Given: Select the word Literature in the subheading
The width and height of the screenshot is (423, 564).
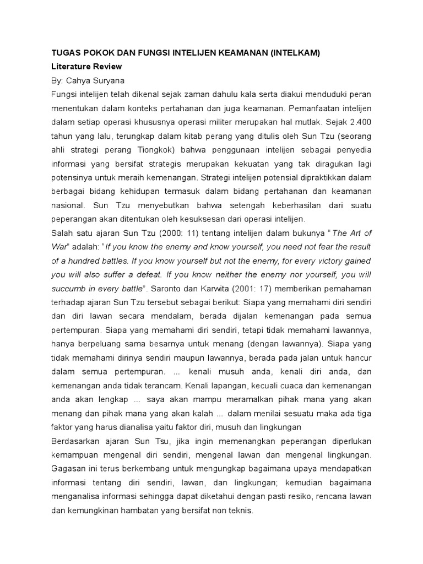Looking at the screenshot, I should (70, 67).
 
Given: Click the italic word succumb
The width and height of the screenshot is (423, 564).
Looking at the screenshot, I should (67, 288).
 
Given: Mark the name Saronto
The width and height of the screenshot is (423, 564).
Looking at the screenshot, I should (189, 288).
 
